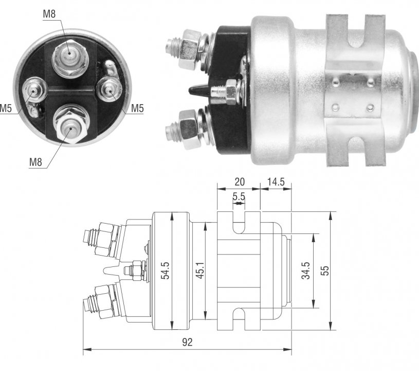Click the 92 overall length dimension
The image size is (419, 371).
187,342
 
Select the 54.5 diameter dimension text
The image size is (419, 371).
166,271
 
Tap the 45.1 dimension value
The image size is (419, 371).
200,271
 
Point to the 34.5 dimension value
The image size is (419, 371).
306,271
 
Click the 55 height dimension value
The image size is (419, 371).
325,271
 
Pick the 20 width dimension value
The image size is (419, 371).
240,182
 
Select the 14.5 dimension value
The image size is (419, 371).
276,182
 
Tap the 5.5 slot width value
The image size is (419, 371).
239,197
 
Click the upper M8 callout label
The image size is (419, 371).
49,14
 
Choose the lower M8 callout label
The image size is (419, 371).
35,162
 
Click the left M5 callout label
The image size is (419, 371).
5,109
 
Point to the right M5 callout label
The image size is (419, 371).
137,109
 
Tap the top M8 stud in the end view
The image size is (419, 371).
70,58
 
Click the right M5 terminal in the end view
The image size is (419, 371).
109,89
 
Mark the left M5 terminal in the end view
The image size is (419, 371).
33,91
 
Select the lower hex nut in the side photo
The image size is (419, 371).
189,129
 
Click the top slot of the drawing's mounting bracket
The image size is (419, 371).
239,222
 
